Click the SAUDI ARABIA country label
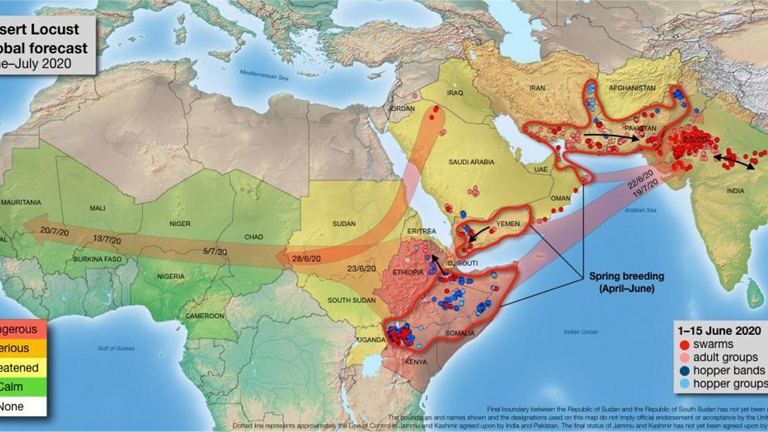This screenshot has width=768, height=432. click(471, 162)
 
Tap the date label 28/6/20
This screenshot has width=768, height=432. click(306, 259)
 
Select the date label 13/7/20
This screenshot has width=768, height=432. click(107, 240)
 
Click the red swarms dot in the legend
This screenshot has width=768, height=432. click(684, 345)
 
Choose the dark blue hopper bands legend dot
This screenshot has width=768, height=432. click(684, 371)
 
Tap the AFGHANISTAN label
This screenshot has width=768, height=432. click(632, 88)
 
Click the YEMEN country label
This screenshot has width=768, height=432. click(508, 224)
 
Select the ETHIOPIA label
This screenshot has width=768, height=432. click(408, 272)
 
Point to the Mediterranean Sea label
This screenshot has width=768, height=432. click(264, 75)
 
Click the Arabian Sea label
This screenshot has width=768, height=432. click(640, 210)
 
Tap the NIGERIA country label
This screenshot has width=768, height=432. click(170, 276)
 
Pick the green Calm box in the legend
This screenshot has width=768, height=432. click(23, 387)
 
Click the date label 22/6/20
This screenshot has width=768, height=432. click(640, 179)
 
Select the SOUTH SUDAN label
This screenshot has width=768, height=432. click(351, 300)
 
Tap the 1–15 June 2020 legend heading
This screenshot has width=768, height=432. click(719, 331)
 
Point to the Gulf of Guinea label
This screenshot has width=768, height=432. click(116, 348)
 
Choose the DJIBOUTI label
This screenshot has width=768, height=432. click(462, 263)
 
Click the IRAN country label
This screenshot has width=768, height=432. click(537, 88)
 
